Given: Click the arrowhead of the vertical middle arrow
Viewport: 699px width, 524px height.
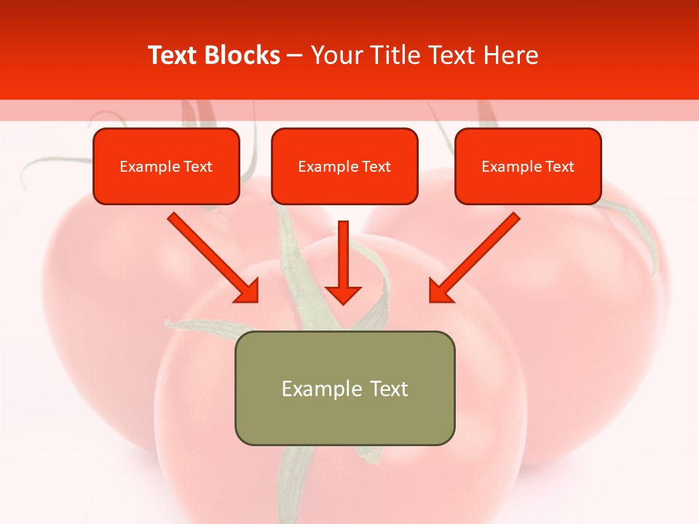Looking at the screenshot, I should (343, 294).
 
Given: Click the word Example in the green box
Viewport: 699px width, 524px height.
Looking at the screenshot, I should (312, 389).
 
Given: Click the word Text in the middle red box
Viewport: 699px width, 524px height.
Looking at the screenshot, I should (376, 167).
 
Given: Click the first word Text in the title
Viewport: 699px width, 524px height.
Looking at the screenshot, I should (175, 55).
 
